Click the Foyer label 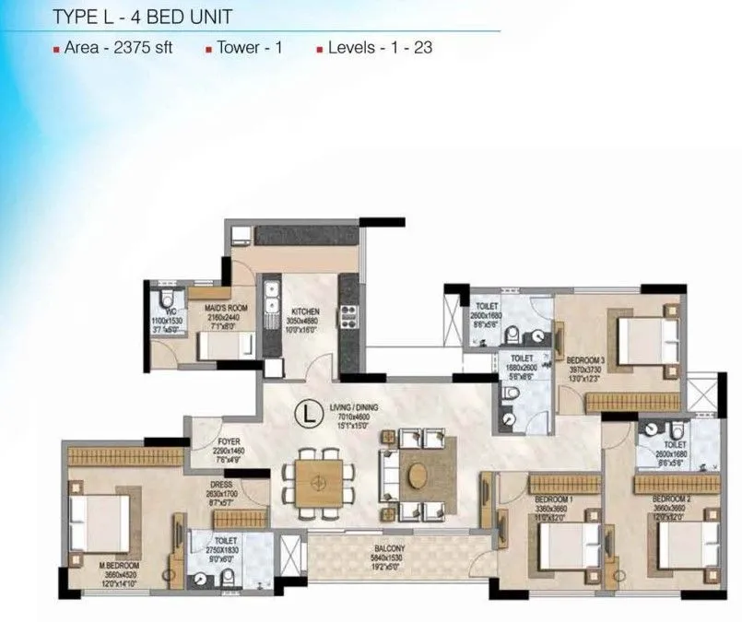(x=230, y=440)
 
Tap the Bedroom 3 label (x=585, y=359)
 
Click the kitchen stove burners (x=349, y=314)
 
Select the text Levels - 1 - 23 (x=379, y=48)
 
